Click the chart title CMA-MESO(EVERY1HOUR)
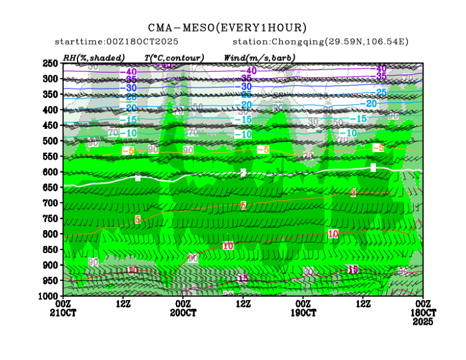227,28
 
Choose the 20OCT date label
183,313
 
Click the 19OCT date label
303,313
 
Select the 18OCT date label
423,313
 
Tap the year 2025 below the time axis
423,322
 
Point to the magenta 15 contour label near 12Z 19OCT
353,269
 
